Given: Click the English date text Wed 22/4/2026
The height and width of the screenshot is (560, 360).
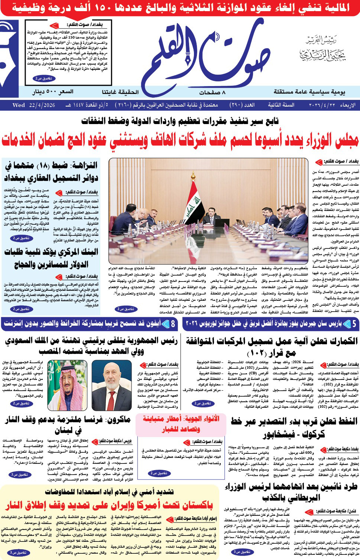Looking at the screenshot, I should tap(34, 105).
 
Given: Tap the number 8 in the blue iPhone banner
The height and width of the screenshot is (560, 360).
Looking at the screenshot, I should tap(173, 324).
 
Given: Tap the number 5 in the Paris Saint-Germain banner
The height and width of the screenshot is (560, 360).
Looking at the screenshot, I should tap(354, 324).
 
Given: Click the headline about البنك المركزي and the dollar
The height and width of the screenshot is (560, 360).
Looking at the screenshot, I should tap(51, 258).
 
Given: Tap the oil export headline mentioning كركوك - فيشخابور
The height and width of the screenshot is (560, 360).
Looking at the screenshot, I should tap(293, 427).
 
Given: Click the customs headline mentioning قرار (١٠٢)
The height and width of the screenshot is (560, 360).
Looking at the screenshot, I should tap(271, 346).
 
